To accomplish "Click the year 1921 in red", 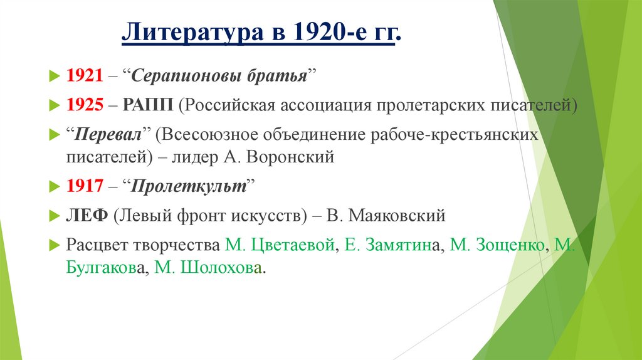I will coord(84,77).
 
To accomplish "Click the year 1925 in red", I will coord(84,105).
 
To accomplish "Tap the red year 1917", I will coord(84,186).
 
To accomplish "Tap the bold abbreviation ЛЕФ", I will coord(80,216).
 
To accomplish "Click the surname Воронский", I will coord(292,157).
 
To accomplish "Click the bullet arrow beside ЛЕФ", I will coord(53,216).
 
